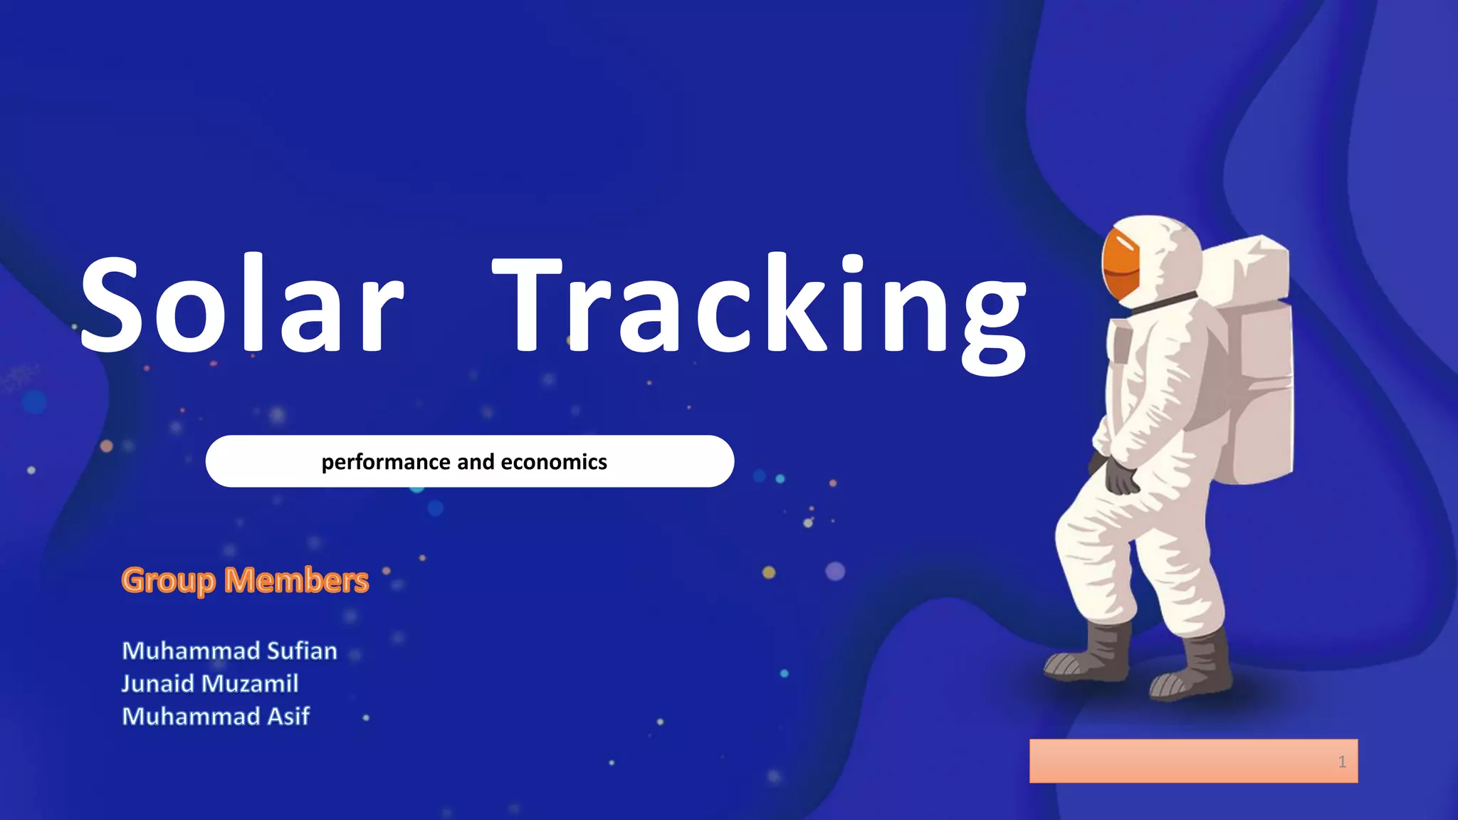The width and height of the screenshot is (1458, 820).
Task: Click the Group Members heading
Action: [245, 580]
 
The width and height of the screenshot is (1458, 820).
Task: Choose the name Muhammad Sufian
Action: [229, 651]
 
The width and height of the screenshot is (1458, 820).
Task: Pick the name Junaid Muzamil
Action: [210, 683]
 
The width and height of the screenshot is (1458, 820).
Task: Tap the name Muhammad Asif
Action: [216, 716]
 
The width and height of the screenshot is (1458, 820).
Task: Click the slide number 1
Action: [1342, 762]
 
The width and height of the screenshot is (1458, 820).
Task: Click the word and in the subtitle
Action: [476, 462]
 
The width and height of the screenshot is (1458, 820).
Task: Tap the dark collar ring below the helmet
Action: [1160, 302]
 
